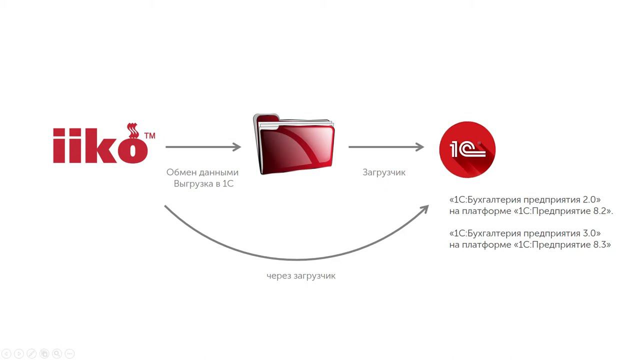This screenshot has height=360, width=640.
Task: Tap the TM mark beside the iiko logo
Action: click(150, 135)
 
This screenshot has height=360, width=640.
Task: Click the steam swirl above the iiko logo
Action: click(133, 131)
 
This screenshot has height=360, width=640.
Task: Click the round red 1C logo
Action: click(467, 149)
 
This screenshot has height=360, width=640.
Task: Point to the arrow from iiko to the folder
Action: click(203, 147)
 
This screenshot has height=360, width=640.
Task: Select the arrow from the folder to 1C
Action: click(386, 147)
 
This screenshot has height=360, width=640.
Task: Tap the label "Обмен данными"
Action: click(202, 172)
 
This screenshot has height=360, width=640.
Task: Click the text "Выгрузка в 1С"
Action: click(203, 183)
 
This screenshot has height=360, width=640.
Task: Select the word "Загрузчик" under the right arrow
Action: click(384, 172)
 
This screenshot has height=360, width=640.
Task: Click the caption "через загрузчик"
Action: click(301, 276)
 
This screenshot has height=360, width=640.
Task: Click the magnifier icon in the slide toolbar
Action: click(57, 353)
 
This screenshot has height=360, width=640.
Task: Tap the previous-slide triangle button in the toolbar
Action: click(6, 353)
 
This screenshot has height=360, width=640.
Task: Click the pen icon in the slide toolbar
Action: click(31, 353)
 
